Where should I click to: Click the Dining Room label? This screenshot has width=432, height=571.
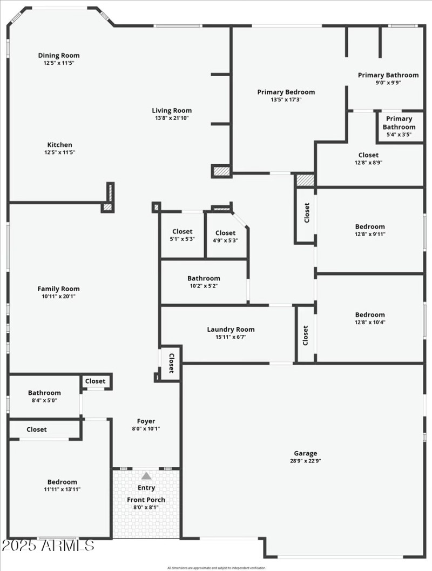[59, 55]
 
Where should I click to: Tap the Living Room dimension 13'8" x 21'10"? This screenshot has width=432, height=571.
[172, 118]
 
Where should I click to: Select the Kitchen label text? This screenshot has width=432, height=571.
[59, 145]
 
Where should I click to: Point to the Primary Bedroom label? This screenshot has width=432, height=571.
[286, 92]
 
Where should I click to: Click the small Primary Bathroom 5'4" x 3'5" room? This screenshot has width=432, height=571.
[399, 126]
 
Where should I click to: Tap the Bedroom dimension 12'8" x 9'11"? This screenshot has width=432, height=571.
[370, 234]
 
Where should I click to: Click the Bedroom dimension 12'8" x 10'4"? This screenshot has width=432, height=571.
[370, 323]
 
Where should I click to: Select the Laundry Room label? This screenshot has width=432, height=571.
[231, 330]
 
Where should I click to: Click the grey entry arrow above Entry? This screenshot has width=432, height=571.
[146, 476]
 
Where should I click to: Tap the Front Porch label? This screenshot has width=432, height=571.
[146, 500]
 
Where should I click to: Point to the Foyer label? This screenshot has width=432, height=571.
[146, 421]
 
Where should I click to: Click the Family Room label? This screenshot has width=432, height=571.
[58, 288]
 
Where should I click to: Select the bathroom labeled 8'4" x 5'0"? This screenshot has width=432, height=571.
[44, 397]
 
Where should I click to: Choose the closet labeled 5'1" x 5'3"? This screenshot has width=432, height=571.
[182, 235]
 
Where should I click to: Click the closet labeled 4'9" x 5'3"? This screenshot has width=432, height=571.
[225, 237]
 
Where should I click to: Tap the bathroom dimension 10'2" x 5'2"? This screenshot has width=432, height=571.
[204, 286]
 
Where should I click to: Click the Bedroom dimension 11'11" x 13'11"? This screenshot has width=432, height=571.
[62, 489]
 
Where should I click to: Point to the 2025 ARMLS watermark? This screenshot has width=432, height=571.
[48, 546]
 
